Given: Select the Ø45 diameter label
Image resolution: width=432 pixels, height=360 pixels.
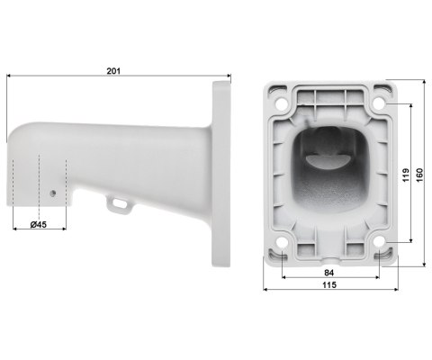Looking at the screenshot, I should coord(39,222).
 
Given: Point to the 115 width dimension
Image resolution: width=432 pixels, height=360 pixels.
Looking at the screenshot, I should coord(330,284).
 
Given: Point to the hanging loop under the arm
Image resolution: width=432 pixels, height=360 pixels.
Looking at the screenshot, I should coord(116,205).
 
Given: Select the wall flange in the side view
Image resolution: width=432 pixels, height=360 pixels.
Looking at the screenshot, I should coord(221,175).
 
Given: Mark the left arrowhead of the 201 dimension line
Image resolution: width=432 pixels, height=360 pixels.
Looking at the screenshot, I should coord(8,77).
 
